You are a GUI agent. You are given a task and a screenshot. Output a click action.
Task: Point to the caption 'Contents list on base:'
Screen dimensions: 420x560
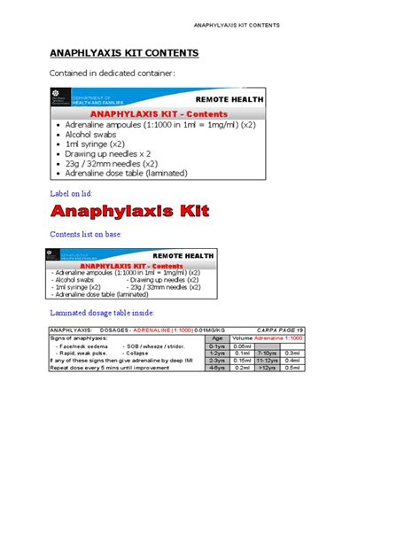[85, 234]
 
